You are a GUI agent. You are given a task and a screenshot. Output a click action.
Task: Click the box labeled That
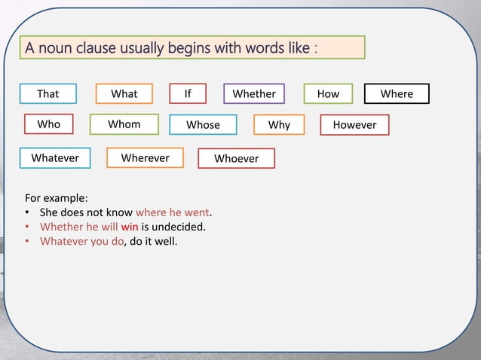click(47, 93)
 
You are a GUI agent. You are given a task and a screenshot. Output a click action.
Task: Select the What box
click(124, 93)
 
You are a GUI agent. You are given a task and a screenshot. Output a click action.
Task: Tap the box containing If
click(188, 93)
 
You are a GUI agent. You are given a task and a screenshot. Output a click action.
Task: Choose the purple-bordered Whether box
click(254, 93)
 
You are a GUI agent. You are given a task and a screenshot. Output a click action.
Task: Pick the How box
click(329, 93)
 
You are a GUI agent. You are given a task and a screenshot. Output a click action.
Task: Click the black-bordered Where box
click(397, 93)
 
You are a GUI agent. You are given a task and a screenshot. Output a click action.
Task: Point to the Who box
click(49, 124)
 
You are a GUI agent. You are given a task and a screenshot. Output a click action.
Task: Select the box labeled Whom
click(124, 124)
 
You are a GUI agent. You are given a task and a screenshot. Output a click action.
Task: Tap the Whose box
click(203, 124)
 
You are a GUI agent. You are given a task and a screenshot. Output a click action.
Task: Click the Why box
click(279, 124)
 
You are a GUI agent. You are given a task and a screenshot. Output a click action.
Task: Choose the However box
click(354, 124)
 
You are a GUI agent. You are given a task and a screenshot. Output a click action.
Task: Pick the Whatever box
click(55, 157)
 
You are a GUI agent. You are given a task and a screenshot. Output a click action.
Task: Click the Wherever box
click(146, 157)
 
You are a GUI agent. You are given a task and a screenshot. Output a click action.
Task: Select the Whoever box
click(236, 158)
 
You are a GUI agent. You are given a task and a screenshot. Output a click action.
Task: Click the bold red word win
click(129, 227)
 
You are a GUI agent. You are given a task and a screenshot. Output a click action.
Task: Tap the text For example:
click(57, 198)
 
